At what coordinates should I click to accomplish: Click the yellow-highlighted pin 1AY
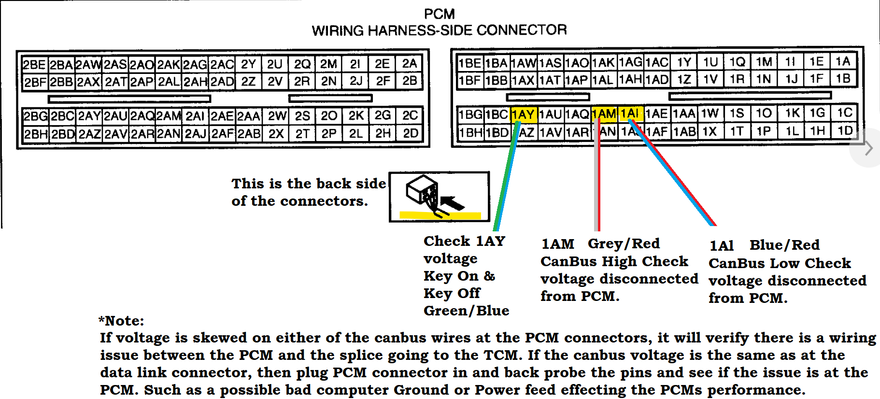pyautogui.click(x=523, y=114)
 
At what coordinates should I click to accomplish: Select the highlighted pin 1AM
pyautogui.click(x=604, y=114)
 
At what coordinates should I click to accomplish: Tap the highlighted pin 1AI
pyautogui.click(x=630, y=114)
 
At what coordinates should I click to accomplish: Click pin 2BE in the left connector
pyautogui.click(x=34, y=65)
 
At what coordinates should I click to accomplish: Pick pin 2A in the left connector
pyautogui.click(x=410, y=64)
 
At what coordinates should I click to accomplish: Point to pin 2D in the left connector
pyautogui.click(x=411, y=133)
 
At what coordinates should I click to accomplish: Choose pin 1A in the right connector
pyautogui.click(x=843, y=61)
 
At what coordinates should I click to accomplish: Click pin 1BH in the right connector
pyautogui.click(x=470, y=132)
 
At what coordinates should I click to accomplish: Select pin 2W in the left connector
pyautogui.click(x=277, y=116)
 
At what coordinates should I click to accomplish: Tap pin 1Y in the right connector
pyautogui.click(x=684, y=62)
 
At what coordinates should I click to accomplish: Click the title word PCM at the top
pyautogui.click(x=439, y=14)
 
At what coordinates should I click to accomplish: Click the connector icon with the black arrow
pyautogui.click(x=439, y=197)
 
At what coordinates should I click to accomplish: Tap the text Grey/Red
pyautogui.click(x=624, y=243)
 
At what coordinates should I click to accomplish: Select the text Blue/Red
pyautogui.click(x=784, y=245)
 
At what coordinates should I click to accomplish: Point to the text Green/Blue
pyautogui.click(x=466, y=311)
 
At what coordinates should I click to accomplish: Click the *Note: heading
pyautogui.click(x=121, y=321)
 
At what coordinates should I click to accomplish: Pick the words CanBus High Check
pyautogui.click(x=614, y=261)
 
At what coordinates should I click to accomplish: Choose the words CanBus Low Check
pyautogui.click(x=780, y=263)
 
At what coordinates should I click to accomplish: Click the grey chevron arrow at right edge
pyautogui.click(x=869, y=148)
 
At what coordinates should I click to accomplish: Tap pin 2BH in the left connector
pyautogui.click(x=36, y=134)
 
